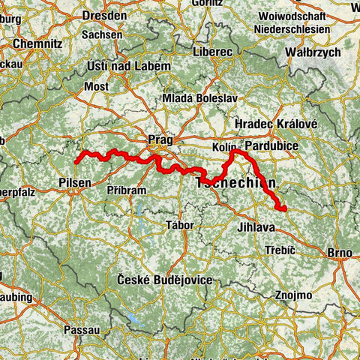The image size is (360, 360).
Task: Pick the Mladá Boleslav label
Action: pyautogui.click(x=196, y=99)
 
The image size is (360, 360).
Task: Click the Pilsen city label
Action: pyautogui.click(x=75, y=182)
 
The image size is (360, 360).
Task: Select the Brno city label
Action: pyautogui.click(x=338, y=253)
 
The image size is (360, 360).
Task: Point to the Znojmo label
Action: pyautogui.click(x=292, y=295)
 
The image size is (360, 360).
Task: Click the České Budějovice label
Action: pyautogui.click(x=164, y=280)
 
